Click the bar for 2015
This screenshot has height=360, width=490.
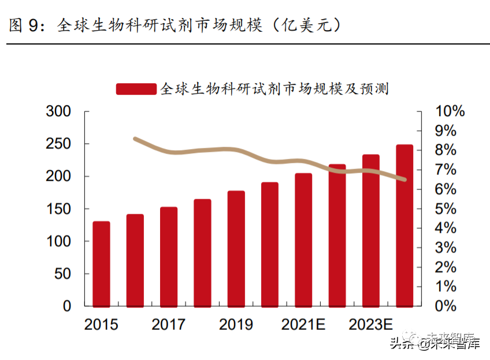pyautogui.click(x=101, y=263)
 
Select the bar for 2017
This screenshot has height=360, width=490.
pyautogui.click(x=169, y=257)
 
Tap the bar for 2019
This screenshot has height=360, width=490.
pyautogui.click(x=236, y=248)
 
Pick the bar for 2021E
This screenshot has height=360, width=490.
pyautogui.click(x=303, y=239)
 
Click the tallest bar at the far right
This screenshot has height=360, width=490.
pyautogui.click(x=404, y=225)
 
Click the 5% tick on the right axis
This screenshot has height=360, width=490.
pyautogui.click(x=446, y=209)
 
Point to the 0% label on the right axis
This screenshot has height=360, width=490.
pyautogui.click(x=446, y=306)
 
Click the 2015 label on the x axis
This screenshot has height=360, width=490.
pyautogui.click(x=101, y=325)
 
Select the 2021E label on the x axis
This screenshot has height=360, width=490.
pyautogui.click(x=303, y=325)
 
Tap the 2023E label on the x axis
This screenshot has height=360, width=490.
pyautogui.click(x=371, y=325)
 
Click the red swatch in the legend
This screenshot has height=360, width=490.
pyautogui.click(x=136, y=88)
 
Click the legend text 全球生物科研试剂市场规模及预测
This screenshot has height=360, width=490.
pyautogui.click(x=274, y=88)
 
